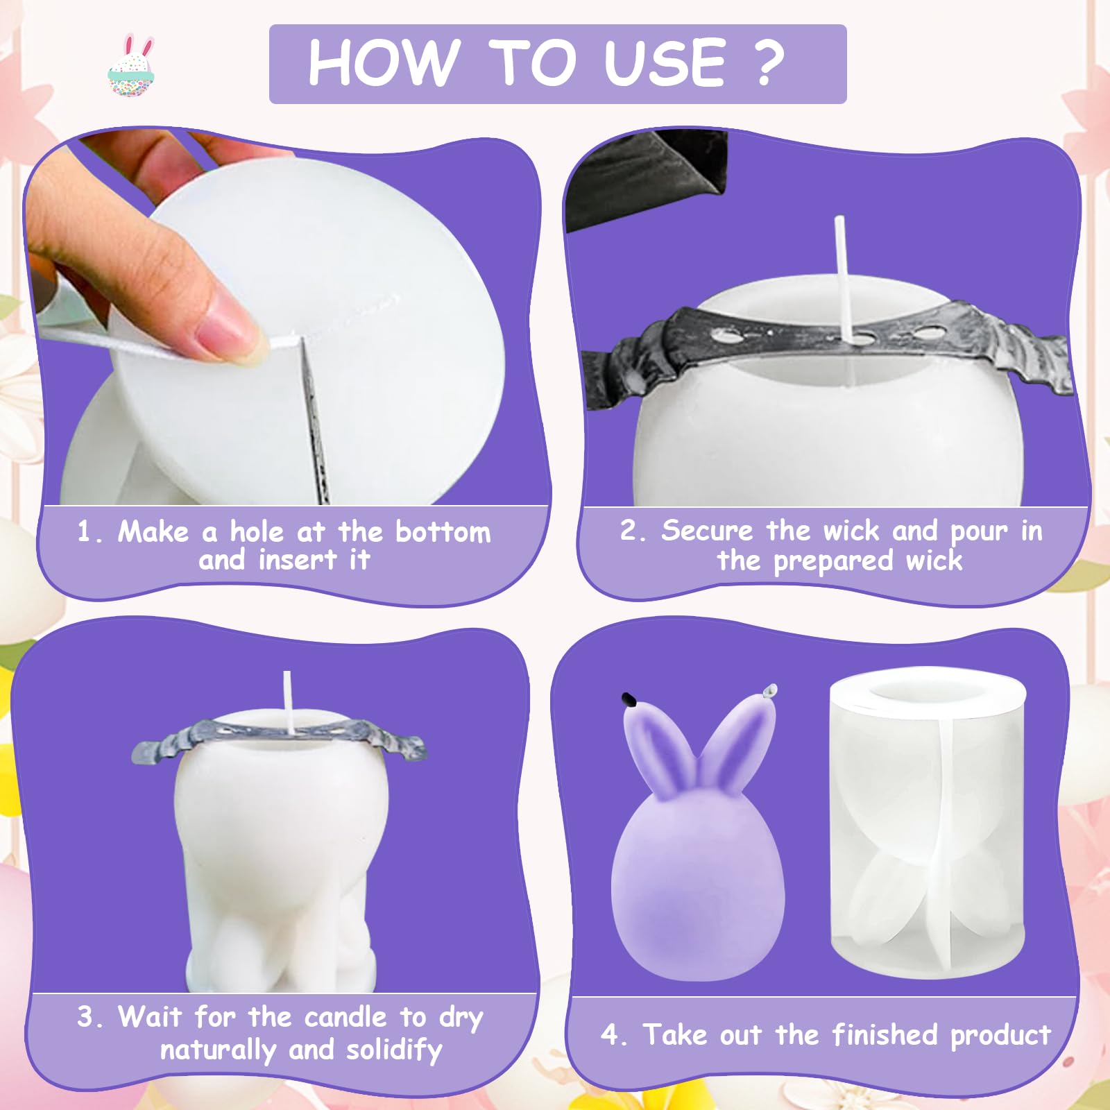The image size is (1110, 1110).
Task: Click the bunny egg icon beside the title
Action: click(132, 65)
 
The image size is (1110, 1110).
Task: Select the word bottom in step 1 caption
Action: click(443, 532)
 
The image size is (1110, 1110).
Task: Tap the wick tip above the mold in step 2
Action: click(839, 221)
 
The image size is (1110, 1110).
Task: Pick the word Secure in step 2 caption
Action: click(706, 531)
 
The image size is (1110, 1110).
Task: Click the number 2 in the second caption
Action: click(628, 531)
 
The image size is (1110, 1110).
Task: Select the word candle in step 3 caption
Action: click(345, 1018)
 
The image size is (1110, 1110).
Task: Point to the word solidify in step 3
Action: click(394, 1050)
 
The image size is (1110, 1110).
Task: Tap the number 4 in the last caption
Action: click(609, 1035)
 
